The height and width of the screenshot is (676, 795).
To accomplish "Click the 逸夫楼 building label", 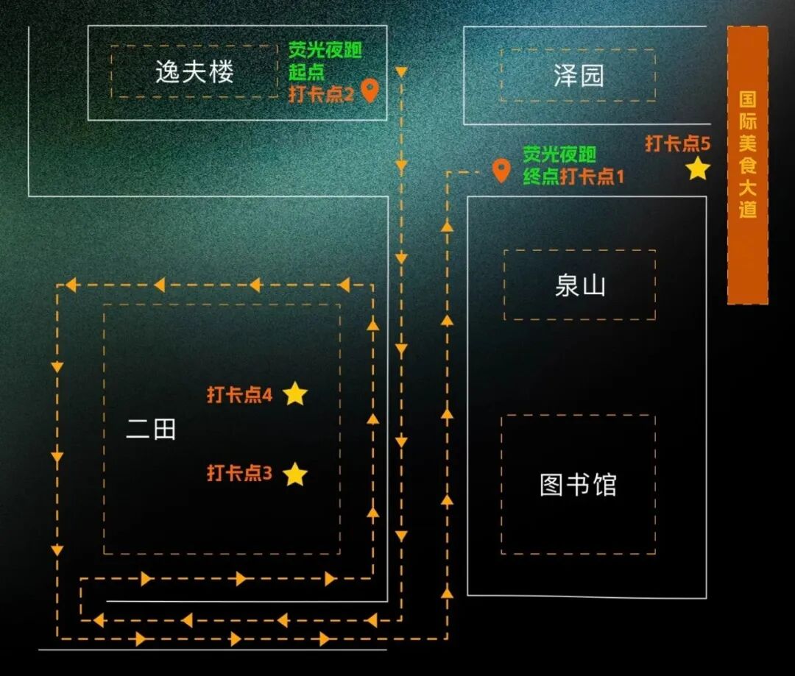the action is pos(194,72).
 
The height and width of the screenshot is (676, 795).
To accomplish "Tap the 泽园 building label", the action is pos(579,75).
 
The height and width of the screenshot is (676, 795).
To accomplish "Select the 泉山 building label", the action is pos(579,285).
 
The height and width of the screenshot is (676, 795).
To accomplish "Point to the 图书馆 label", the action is pos(578,485).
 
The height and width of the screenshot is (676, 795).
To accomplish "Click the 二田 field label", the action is pos(151,429).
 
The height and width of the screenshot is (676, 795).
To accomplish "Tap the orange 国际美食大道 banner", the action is pos(748,165).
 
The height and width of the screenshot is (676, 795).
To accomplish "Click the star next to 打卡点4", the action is pos(295,394).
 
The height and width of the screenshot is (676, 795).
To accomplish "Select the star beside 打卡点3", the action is pos(295,474).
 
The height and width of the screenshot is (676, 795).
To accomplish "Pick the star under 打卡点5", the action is pos(698,169).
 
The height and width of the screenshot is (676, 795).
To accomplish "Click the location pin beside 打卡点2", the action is pos(370,91).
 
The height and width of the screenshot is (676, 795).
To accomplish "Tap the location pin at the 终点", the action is pos(501,171).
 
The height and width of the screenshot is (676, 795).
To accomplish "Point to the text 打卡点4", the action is pos(239,395).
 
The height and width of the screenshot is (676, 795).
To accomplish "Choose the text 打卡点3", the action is pos(239,473).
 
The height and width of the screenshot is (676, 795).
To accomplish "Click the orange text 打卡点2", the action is pos(321,94).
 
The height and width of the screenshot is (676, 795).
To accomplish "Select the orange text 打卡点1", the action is pos(592,177).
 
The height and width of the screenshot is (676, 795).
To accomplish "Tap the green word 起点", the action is pos(306,73).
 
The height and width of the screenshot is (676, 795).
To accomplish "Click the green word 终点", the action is pos(540,177).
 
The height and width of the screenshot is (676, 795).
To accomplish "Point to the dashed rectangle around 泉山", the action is pos(504,285).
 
